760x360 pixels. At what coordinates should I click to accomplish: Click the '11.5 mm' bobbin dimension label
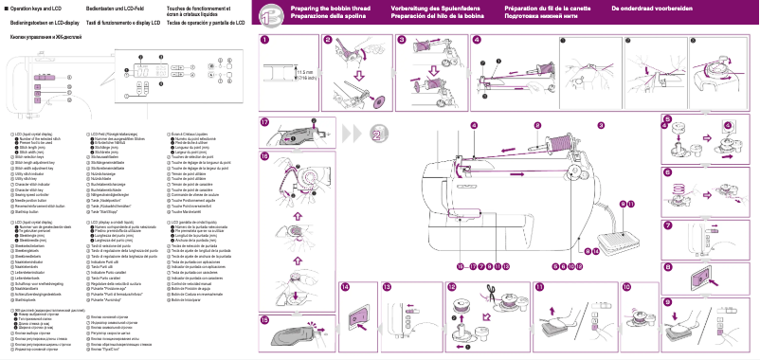point(305,71)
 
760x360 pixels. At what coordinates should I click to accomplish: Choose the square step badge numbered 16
point(264,155)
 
